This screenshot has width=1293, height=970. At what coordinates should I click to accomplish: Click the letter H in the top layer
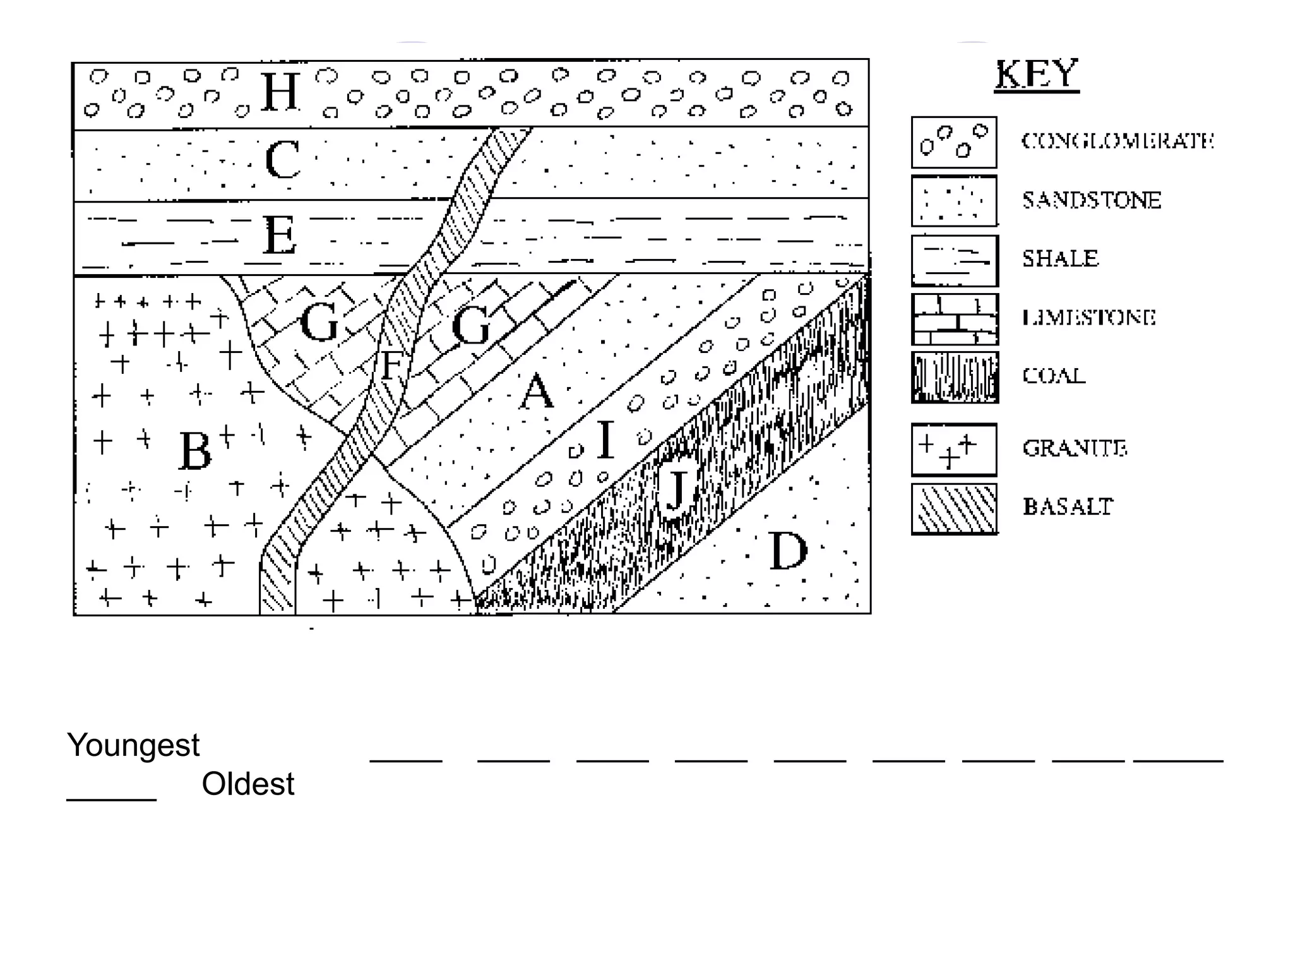point(280,92)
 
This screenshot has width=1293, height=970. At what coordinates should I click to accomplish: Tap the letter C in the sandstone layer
point(282,160)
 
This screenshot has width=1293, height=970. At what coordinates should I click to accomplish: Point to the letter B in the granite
point(195,451)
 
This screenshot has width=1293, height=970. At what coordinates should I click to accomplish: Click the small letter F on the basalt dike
point(391,365)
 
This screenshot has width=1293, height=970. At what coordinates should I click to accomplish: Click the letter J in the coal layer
point(676,489)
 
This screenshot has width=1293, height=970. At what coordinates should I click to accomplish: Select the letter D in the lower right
point(788,551)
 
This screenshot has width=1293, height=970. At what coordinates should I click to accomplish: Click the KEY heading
point(1037,75)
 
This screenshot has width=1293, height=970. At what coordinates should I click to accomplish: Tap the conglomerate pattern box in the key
point(954,143)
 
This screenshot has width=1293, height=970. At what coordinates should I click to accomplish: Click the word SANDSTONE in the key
point(1092,200)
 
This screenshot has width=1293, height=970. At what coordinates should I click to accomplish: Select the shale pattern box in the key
point(955,261)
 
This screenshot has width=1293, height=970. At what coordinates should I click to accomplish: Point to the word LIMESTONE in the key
point(1089,317)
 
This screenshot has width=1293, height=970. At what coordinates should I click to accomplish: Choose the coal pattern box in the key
point(955,378)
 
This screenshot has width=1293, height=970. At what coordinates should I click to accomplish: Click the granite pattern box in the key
point(954,450)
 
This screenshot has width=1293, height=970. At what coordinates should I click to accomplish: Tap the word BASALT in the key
point(1068,506)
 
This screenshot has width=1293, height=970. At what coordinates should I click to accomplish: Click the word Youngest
point(133,745)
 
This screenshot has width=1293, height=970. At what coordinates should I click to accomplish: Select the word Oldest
point(247,784)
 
